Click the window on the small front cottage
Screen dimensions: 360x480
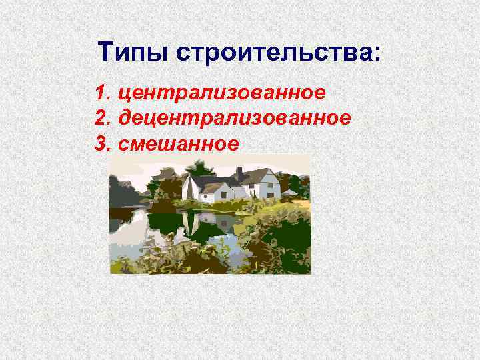pos(224,195)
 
